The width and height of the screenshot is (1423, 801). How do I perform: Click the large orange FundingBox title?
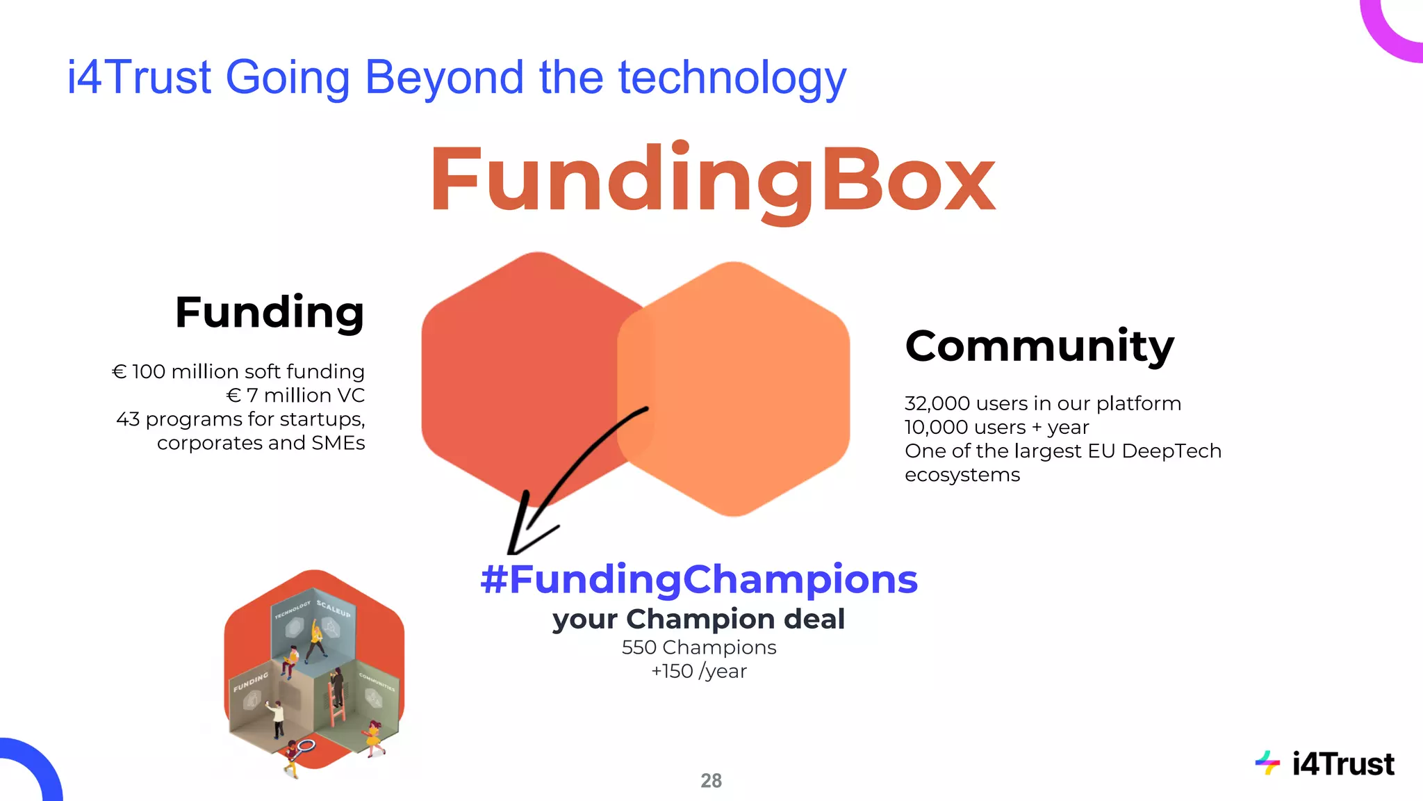712,179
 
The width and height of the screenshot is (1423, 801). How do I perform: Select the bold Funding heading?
270,312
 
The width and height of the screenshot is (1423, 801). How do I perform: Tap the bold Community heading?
1039,346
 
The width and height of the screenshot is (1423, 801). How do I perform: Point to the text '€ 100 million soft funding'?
238,371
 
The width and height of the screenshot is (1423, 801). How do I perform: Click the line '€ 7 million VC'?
295,395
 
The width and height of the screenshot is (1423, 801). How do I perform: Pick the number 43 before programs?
128,419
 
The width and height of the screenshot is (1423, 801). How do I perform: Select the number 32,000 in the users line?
937,403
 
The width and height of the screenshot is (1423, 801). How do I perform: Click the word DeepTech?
1171,451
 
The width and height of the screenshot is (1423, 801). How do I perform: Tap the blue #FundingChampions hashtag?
699,579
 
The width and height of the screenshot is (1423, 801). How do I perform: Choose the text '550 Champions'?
699,647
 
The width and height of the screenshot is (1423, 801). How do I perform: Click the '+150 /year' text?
699,671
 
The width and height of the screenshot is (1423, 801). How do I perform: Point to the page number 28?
711,781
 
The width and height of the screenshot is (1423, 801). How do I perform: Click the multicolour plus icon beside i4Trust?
1267,763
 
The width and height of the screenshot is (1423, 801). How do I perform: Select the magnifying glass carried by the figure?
304,747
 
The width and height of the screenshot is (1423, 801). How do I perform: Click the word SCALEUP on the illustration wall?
334,608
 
